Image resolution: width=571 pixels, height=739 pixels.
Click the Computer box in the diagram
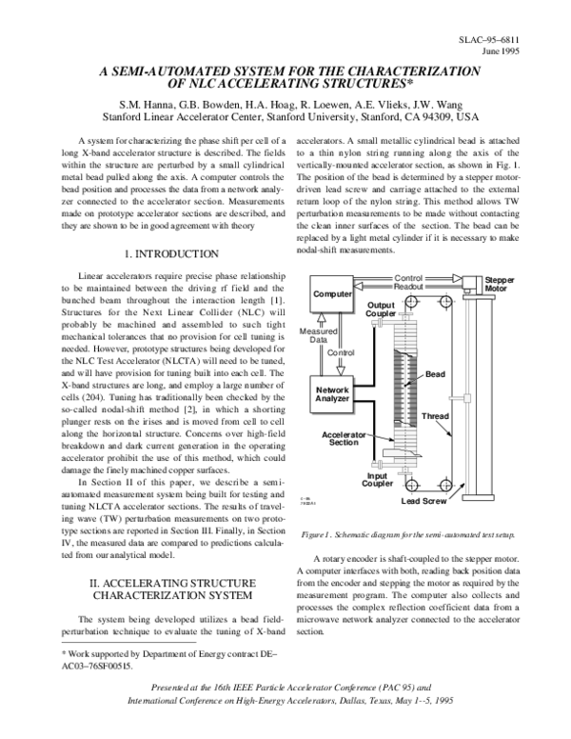point(331,297)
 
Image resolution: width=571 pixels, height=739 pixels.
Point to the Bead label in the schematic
point(434,373)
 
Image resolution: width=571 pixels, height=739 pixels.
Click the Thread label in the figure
point(435,416)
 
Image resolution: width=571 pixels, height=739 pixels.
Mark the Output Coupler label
point(382,310)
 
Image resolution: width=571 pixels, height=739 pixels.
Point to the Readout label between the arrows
point(407,286)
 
